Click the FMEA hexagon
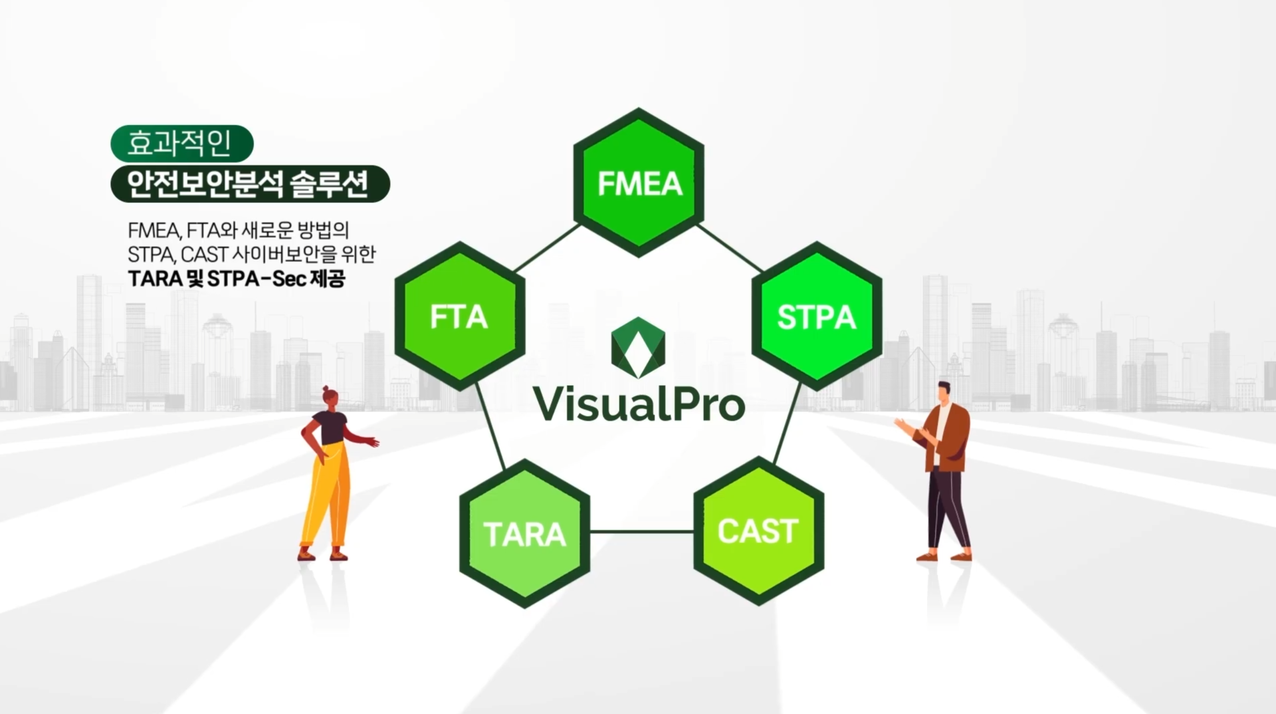pos(639,183)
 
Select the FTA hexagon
pos(459,316)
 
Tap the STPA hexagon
pos(817,316)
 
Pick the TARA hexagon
pos(524,534)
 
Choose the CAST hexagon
pos(758,531)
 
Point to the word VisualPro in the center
pos(639,404)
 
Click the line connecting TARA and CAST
pos(641,532)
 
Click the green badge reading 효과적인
pos(181,144)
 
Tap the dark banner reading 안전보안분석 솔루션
pos(250,184)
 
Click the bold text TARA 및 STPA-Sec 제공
pos(237,279)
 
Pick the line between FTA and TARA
pos(490,425)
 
